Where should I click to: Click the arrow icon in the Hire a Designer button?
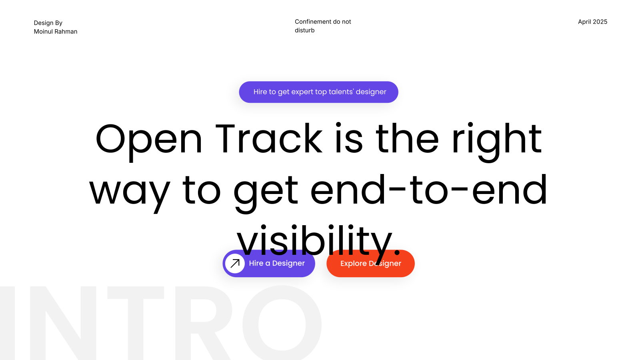pyautogui.click(x=235, y=263)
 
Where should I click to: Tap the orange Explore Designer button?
pyautogui.click(x=370, y=263)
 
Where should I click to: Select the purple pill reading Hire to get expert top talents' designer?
pyautogui.click(x=318, y=92)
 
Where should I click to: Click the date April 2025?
pyautogui.click(x=592, y=22)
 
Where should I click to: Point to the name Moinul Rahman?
pyautogui.click(x=56, y=32)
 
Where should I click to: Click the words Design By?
pyautogui.click(x=48, y=23)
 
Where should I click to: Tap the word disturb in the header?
pyautogui.click(x=304, y=30)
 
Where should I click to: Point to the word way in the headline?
pyautogui.click(x=130, y=193)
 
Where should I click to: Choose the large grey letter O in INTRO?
pyautogui.click(x=282, y=323)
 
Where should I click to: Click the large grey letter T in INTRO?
pyautogui.click(x=136, y=323)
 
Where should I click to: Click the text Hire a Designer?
pyautogui.click(x=277, y=263)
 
